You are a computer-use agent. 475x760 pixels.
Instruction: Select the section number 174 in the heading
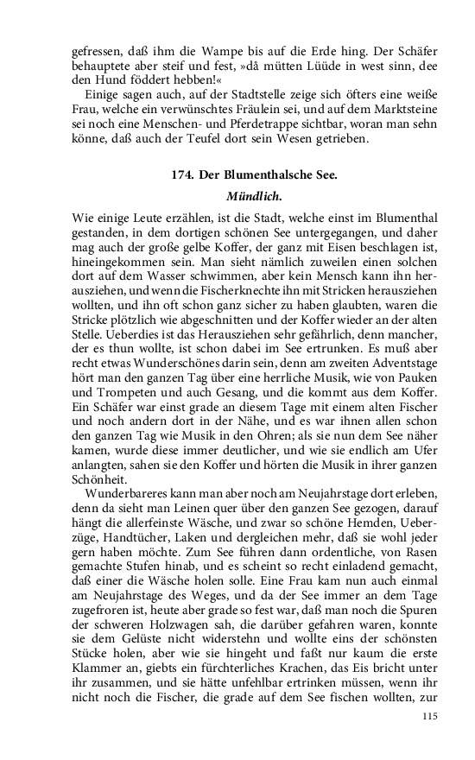(x=181, y=174)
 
